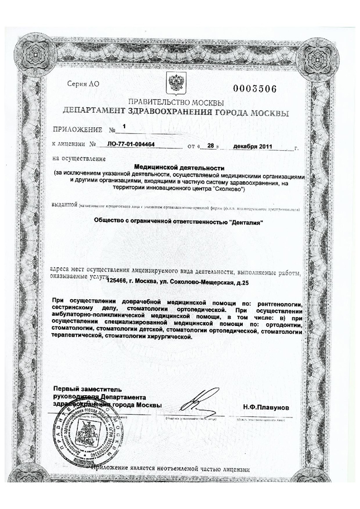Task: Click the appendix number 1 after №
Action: coord(124,127)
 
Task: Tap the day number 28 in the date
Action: coord(210,146)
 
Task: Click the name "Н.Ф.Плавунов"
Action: coord(266,407)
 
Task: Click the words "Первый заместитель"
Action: coord(87,388)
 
